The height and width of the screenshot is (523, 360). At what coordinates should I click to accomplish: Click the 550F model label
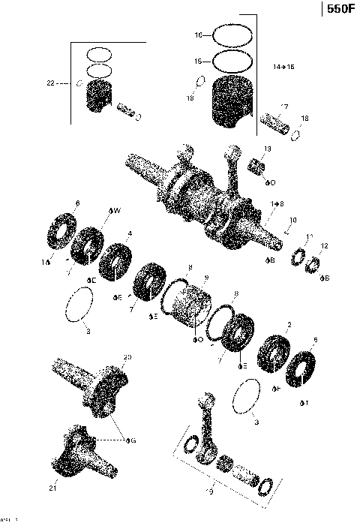click(340, 10)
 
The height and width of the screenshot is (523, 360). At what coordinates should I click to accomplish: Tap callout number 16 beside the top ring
click(199, 35)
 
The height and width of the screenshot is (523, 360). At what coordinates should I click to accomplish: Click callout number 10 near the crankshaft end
click(293, 221)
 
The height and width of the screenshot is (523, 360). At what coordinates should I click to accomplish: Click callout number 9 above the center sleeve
click(205, 278)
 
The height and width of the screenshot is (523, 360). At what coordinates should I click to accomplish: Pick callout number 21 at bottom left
click(52, 488)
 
